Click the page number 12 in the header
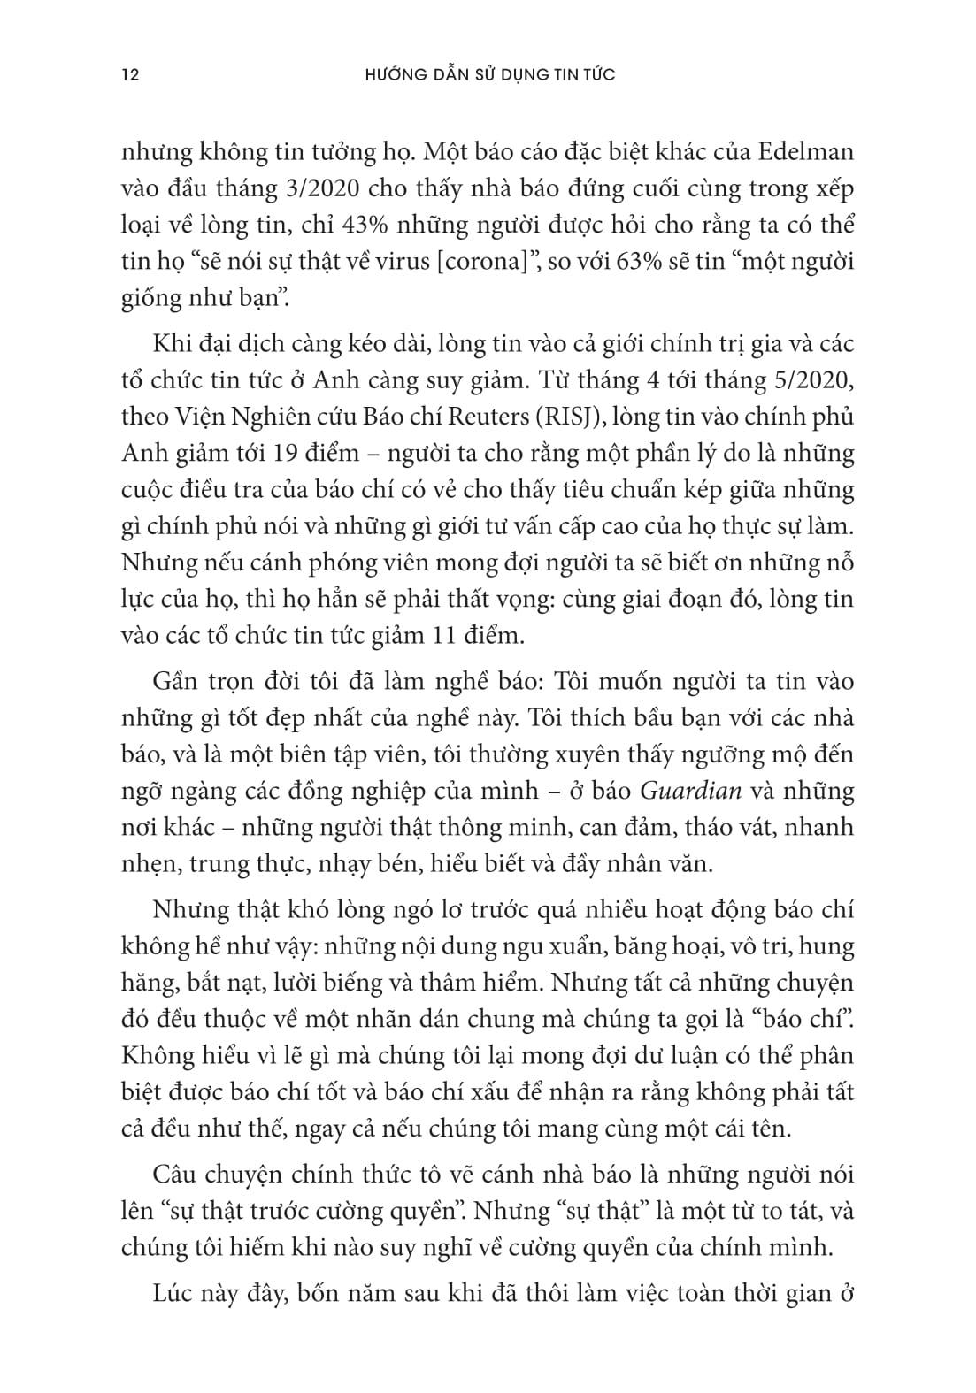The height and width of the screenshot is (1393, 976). [129, 75]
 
